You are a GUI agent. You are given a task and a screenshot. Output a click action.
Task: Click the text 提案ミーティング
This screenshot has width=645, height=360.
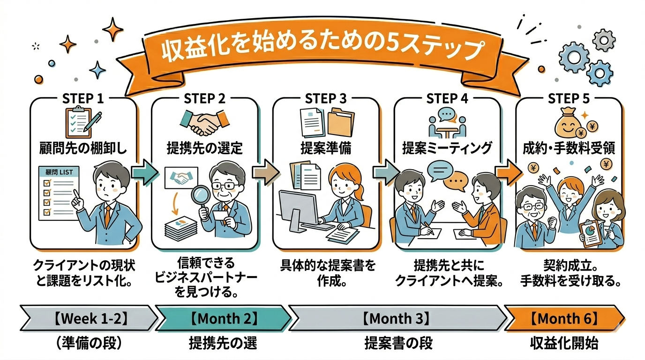pos(447,149)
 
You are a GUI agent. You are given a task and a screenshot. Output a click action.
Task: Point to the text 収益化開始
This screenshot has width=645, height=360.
pos(564,343)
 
